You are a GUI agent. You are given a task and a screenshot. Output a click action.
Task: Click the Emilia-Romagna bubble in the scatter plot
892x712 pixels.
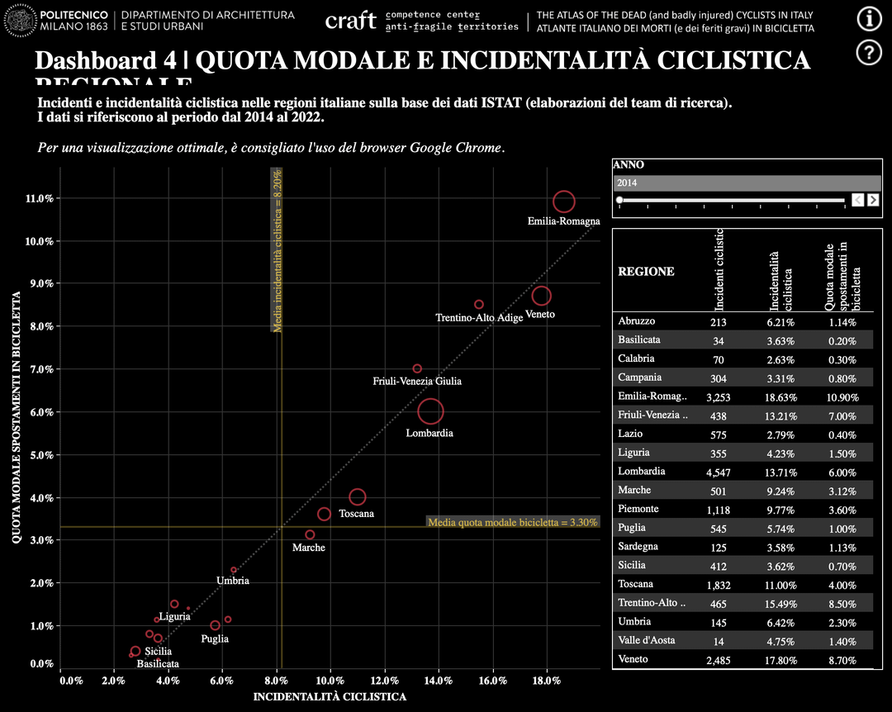click(563, 202)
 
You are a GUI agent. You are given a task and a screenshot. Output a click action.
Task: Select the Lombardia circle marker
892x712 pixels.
click(430, 411)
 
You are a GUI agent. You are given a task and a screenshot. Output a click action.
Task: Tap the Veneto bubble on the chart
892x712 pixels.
click(541, 296)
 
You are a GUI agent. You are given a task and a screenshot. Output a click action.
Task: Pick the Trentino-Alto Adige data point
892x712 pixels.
click(479, 305)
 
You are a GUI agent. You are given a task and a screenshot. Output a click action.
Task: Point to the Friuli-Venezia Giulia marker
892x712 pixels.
click(417, 368)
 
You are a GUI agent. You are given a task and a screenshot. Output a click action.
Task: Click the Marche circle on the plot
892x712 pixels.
click(310, 534)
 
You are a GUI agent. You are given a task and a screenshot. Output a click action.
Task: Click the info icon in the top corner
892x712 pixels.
click(869, 18)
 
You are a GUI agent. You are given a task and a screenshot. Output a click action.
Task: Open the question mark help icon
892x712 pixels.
click(869, 52)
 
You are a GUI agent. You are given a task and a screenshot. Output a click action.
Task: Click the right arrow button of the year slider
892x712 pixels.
click(873, 200)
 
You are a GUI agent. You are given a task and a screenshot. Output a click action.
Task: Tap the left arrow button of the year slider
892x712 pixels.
click(858, 200)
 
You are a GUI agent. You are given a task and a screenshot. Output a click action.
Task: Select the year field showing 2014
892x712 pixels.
click(747, 183)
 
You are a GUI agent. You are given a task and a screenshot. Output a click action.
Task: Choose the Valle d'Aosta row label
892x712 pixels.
click(647, 640)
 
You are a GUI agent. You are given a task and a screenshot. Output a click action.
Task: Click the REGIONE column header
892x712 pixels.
click(647, 271)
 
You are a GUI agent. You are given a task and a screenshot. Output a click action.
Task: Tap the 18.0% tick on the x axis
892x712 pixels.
click(547, 681)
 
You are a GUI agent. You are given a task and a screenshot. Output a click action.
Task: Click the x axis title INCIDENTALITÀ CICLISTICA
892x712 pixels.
click(330, 697)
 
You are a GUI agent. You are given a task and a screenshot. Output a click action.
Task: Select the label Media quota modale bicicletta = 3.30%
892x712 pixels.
click(512, 522)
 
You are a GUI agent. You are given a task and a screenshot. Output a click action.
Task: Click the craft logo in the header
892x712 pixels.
click(351, 21)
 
